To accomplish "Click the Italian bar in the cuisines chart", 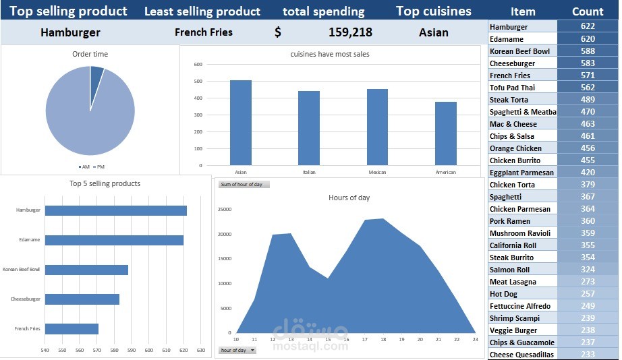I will (x=309, y=128).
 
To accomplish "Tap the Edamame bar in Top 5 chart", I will (x=114, y=240).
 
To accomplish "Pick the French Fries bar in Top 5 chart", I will (x=72, y=329).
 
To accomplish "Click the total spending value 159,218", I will (x=350, y=32).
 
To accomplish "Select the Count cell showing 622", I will (x=587, y=26).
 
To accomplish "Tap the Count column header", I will (x=587, y=11).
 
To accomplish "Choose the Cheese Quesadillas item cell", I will (x=521, y=355).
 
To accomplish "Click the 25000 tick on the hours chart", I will (x=225, y=209).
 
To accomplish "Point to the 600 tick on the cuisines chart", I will (x=198, y=65).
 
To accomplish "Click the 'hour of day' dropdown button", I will (x=252, y=351).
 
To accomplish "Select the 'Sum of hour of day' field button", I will (x=244, y=184).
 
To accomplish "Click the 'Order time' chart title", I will (x=90, y=54).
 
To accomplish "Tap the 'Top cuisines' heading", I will (x=433, y=11).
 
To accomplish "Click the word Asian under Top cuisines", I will (x=433, y=32).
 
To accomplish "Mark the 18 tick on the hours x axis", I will (x=383, y=339).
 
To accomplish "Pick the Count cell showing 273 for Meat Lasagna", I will (x=587, y=282).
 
